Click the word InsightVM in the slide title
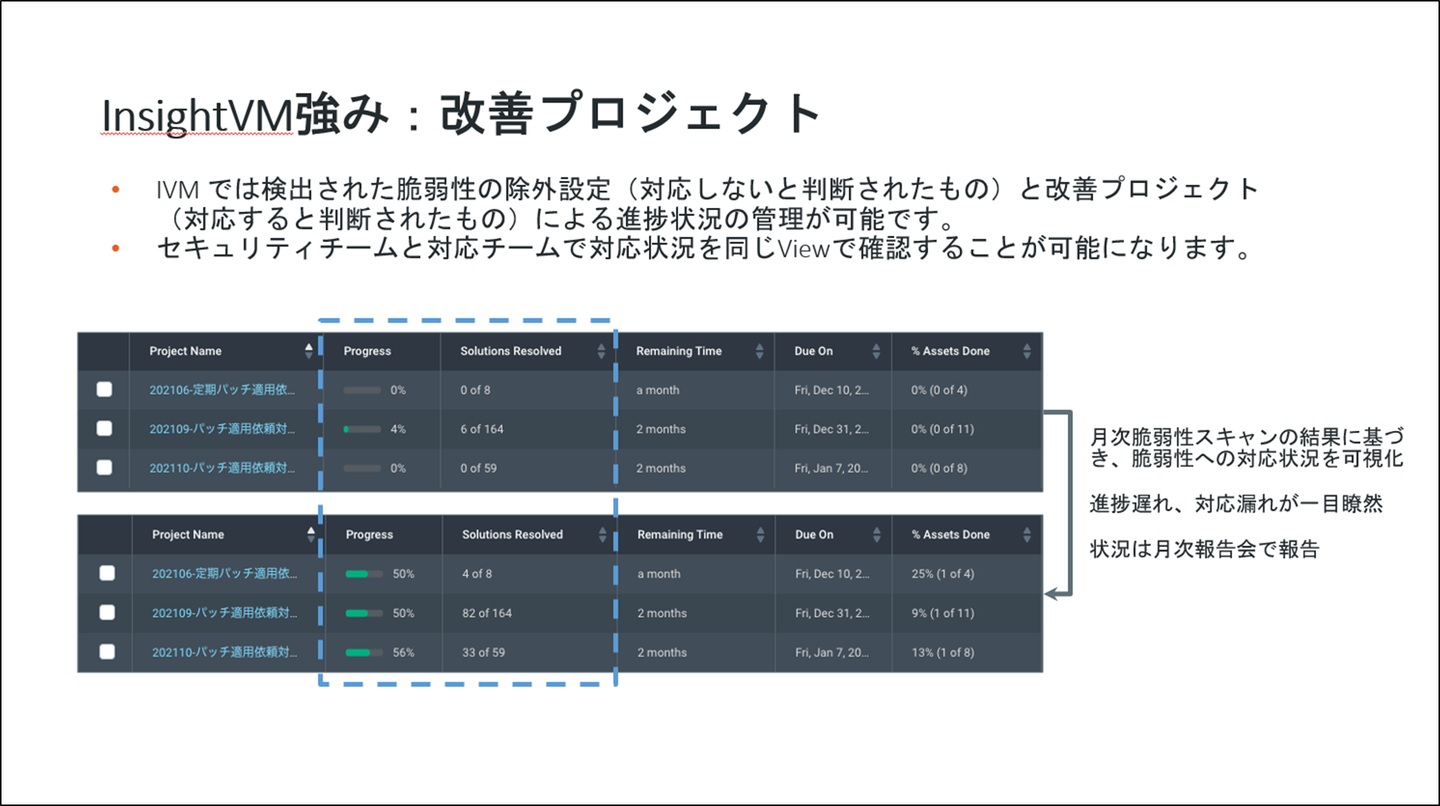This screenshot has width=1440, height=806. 197,116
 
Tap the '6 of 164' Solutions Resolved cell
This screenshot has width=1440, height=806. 482,429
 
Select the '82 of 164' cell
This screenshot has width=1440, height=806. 487,613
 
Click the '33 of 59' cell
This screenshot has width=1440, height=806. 483,652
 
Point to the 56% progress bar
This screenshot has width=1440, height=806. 364,652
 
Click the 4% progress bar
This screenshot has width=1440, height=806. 362,429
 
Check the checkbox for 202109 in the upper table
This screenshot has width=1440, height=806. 104,429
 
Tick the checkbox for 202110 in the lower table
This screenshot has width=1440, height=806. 107,651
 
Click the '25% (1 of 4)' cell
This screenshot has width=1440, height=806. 942,573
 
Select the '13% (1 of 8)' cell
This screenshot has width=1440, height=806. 942,652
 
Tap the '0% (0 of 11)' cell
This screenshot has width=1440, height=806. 942,429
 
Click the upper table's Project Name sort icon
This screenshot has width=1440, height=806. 308,350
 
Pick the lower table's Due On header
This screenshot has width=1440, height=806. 814,534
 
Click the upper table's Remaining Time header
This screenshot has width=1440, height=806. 678,350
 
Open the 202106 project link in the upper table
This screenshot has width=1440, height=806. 222,389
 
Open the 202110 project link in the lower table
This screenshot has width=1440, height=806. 224,652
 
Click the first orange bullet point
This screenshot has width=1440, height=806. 116,189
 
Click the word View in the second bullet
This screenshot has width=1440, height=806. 803,248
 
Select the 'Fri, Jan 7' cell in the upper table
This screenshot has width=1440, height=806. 831,468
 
